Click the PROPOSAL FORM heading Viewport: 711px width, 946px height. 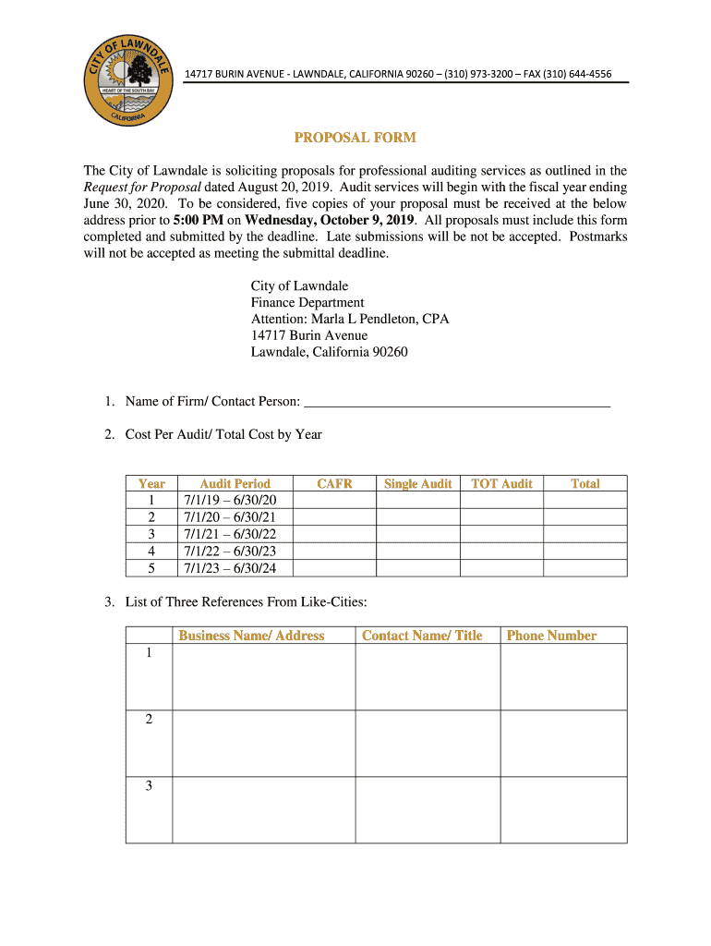point(355,138)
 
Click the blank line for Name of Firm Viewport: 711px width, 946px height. point(457,401)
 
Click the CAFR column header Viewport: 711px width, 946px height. point(334,484)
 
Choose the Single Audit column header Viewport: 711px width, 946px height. point(417,484)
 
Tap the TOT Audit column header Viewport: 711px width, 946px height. point(501,484)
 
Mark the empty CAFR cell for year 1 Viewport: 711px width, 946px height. point(334,501)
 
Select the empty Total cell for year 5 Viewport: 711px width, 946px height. point(584,567)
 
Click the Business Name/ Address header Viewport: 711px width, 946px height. point(251,636)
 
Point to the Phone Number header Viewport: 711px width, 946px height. point(551,636)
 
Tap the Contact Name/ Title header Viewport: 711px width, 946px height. point(422,636)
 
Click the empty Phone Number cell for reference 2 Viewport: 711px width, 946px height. point(563,743)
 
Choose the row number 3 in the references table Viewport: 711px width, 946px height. point(149,786)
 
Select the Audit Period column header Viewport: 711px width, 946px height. point(235,484)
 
